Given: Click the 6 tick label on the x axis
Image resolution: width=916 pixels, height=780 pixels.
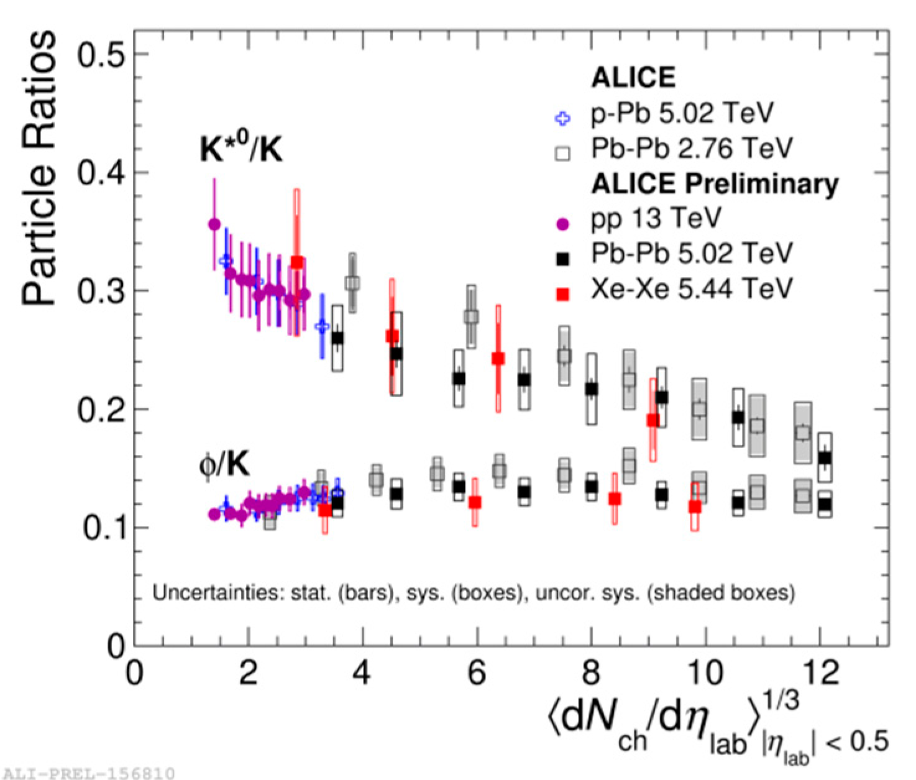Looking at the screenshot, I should pyautogui.click(x=476, y=672).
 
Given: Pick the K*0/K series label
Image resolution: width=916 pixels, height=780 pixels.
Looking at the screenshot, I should pyautogui.click(x=240, y=149).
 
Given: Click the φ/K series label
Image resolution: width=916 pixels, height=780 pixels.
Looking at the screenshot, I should pyautogui.click(x=224, y=464).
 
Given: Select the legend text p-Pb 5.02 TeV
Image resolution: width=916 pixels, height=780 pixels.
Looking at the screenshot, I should pyautogui.click(x=682, y=114).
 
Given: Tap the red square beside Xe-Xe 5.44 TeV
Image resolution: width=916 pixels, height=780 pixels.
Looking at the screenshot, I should pyautogui.click(x=563, y=293).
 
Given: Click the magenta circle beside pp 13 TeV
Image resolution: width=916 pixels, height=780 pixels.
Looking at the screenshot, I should pyautogui.click(x=563, y=224).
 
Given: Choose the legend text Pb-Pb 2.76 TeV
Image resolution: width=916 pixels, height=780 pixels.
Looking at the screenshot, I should pyautogui.click(x=691, y=149).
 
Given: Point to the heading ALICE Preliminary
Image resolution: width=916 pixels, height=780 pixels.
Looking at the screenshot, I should pyautogui.click(x=714, y=183).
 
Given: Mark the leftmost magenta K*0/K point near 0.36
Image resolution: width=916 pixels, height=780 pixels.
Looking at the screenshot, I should pyautogui.click(x=214, y=224).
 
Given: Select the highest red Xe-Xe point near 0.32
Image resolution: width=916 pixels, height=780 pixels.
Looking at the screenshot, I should pyautogui.click(x=297, y=262).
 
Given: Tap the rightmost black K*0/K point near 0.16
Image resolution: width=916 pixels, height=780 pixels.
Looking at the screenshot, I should pyautogui.click(x=825, y=459).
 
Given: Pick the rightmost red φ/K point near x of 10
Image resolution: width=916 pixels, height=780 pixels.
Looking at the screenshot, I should pyautogui.click(x=695, y=507).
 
